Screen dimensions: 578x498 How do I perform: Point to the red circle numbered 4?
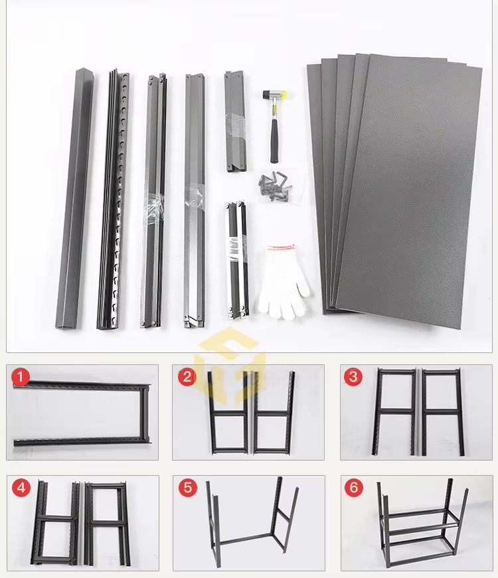pyautogui.click(x=21, y=488)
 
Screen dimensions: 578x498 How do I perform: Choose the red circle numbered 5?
pyautogui.click(x=187, y=488)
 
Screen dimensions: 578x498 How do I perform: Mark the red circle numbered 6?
pyautogui.click(x=353, y=488)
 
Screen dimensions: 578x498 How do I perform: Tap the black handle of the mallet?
pyautogui.click(x=273, y=136)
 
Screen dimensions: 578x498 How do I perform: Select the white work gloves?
pyautogui.click(x=283, y=282)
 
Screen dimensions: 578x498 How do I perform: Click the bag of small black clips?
pyautogui.click(x=274, y=188)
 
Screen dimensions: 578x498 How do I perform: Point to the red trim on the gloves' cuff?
pyautogui.click(x=280, y=248)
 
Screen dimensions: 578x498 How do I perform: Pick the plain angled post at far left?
pyautogui.click(x=75, y=199)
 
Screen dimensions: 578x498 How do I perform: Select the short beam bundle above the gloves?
pyautogui.click(x=236, y=259)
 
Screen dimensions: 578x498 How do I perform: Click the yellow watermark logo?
pyautogui.click(x=232, y=365)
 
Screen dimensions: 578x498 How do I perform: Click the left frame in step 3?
pyautogui.click(x=395, y=411)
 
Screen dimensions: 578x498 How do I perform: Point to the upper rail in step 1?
pyautogui.click(x=83, y=386)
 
